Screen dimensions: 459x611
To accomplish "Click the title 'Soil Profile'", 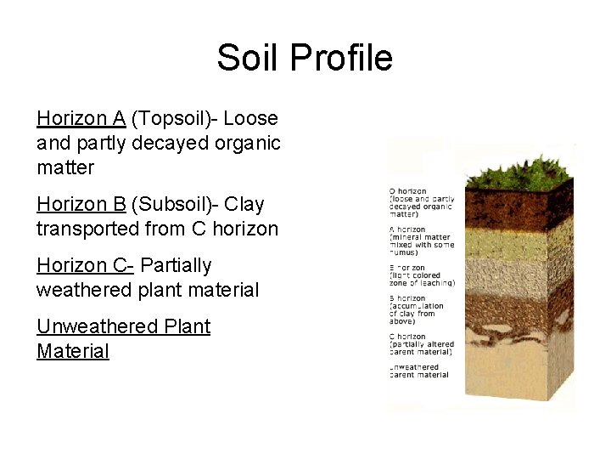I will click(x=305, y=58).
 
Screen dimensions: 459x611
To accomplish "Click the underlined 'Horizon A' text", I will click(x=81, y=117).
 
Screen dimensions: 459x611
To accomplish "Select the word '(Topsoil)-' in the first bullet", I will click(x=174, y=117).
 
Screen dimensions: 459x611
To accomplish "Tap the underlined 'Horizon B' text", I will click(x=81, y=204).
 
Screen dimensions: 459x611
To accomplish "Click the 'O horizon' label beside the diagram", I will click(x=408, y=191).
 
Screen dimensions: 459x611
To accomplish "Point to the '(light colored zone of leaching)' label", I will click(x=422, y=279).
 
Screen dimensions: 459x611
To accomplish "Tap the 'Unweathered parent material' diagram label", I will click(x=418, y=371).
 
